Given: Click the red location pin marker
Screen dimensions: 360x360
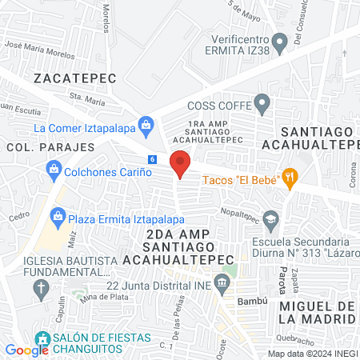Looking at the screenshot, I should [x=181, y=164].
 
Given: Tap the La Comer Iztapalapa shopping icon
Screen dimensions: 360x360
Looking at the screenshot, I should [x=146, y=124].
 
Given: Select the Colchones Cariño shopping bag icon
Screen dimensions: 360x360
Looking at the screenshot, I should [x=54, y=169].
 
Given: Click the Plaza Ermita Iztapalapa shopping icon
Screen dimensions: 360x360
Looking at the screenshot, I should [x=57, y=216].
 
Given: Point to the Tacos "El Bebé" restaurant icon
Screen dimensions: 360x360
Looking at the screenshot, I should [x=290, y=178].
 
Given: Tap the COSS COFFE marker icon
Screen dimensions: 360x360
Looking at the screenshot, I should [x=262, y=103].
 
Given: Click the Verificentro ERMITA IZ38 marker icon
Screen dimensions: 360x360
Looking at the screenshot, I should [x=279, y=41].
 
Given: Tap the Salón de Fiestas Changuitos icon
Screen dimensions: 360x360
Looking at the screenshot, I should [x=42, y=338].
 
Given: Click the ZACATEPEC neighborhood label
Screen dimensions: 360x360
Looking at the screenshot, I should [x=75, y=78].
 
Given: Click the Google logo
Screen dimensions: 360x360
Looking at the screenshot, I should [x=26, y=350].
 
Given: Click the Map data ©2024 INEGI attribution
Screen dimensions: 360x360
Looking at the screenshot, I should [x=313, y=354].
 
